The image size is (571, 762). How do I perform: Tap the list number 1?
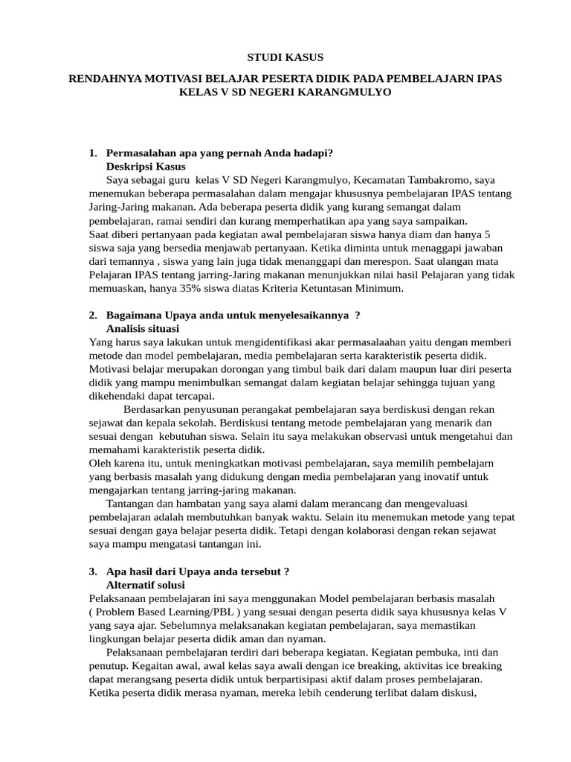[92, 153]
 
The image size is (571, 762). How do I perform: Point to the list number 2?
[92, 316]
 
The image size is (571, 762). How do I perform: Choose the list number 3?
[92, 571]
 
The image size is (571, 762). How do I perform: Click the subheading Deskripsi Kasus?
[146, 167]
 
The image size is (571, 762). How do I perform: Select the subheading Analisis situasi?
[143, 329]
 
